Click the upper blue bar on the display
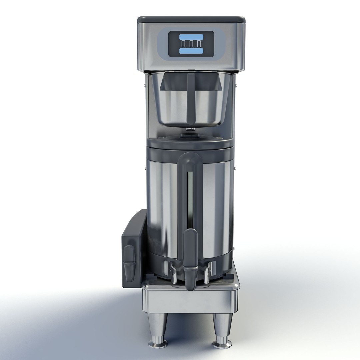pyautogui.click(x=191, y=37)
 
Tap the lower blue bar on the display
pyautogui.click(x=191, y=51)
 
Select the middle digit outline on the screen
pyautogui.click(x=191, y=44)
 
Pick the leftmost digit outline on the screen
pyautogui.click(x=183, y=44)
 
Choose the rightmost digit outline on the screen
pyautogui.click(x=199, y=44)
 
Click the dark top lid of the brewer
pyautogui.click(x=191, y=19)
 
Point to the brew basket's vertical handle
pyautogui.click(x=191, y=98)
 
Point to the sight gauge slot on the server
pyautogui.click(x=190, y=200)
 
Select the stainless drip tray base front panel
pyautogui.click(x=190, y=300)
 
